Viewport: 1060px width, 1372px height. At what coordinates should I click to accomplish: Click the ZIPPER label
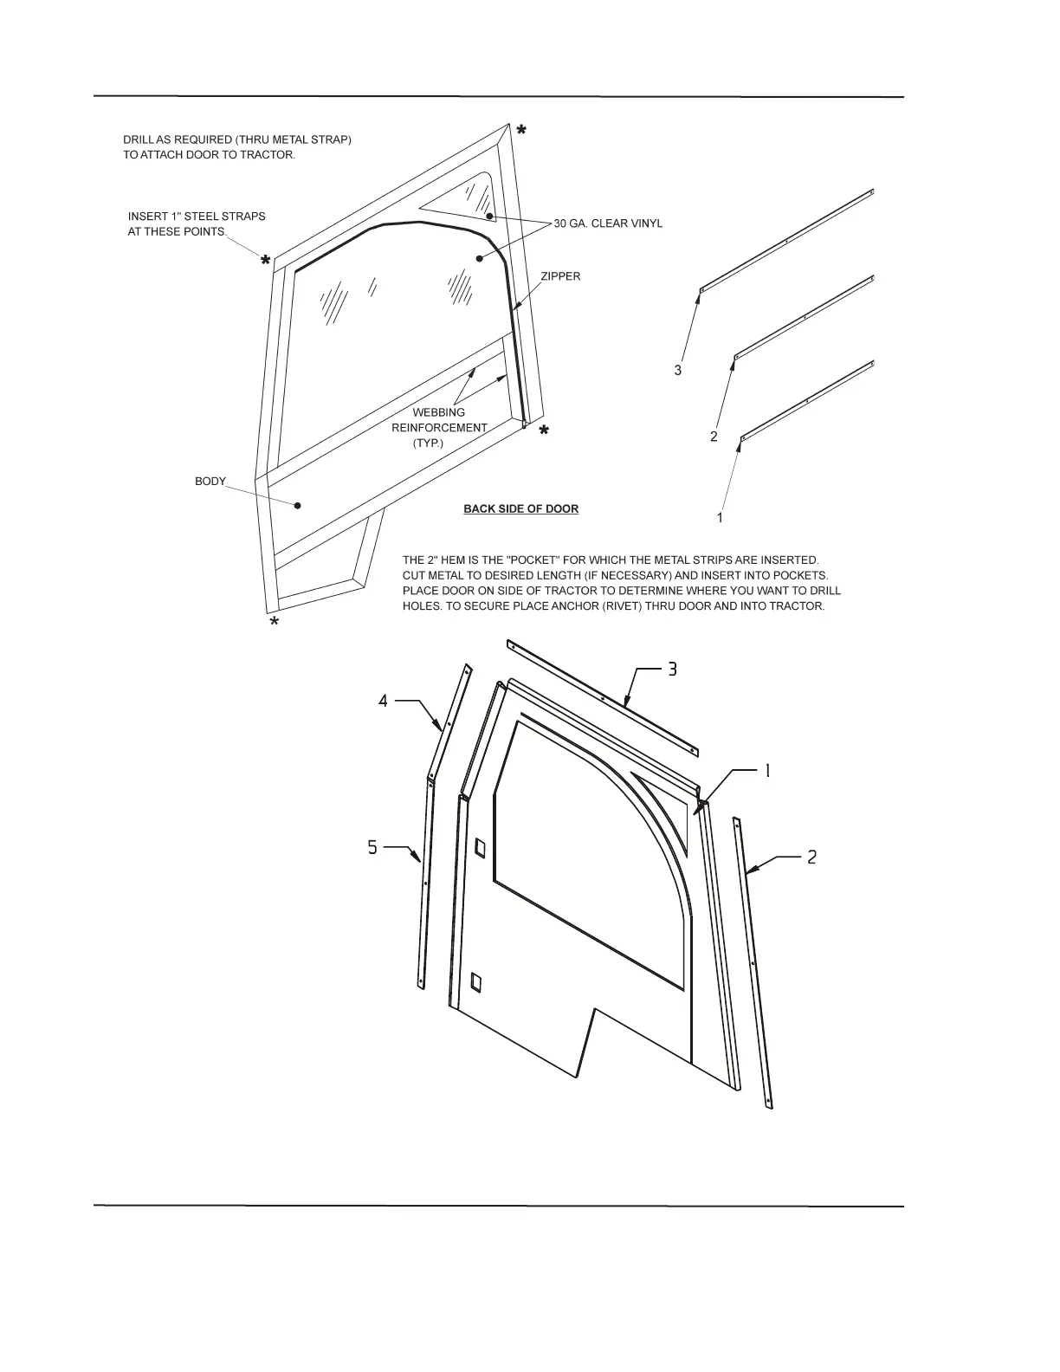point(560,276)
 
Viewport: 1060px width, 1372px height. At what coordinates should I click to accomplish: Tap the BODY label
point(210,482)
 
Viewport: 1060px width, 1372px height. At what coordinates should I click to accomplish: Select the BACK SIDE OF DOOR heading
point(520,508)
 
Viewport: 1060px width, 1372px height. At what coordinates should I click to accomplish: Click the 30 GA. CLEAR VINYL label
point(608,223)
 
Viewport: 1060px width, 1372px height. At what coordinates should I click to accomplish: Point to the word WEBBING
point(438,412)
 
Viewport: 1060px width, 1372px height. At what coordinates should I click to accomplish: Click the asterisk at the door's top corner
point(521,131)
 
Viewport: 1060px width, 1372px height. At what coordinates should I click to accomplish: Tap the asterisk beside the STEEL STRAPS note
point(266,260)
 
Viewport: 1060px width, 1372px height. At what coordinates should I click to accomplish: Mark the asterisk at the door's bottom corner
point(274,623)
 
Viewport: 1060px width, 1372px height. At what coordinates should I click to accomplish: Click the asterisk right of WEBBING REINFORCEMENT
point(544,430)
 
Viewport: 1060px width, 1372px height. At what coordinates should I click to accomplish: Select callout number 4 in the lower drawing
point(383,701)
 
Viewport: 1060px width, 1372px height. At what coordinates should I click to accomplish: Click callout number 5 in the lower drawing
point(372,847)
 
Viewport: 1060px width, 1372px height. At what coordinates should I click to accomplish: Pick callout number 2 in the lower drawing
point(811,857)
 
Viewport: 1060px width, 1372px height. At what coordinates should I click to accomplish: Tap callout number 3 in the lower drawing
point(672,670)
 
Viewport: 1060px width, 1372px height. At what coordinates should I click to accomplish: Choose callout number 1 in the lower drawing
point(766,771)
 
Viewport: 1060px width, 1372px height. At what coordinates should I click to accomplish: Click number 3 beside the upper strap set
point(677,370)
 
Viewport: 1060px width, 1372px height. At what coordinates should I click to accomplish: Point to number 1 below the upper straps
point(720,517)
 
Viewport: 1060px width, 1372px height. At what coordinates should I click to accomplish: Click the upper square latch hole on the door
point(481,847)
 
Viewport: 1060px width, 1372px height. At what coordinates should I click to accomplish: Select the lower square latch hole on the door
point(475,981)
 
